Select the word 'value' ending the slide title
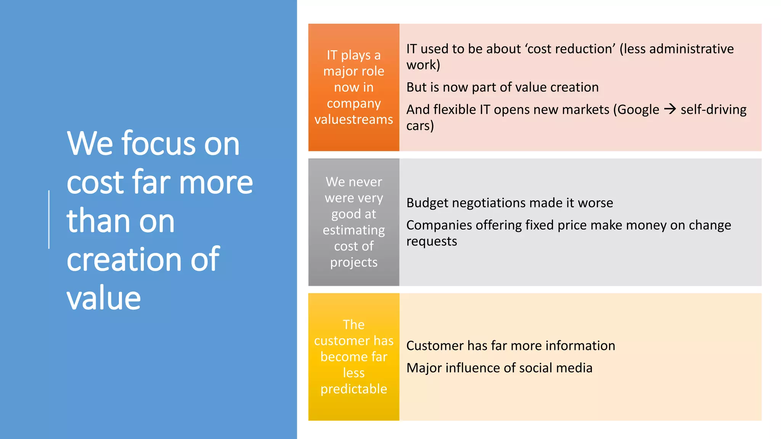(104, 298)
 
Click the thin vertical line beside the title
(49, 219)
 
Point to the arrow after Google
(670, 109)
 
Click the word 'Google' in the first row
(638, 110)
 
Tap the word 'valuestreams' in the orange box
(354, 119)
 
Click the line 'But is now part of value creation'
(502, 87)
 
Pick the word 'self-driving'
(713, 110)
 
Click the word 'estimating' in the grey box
(354, 230)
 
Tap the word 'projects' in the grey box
(354, 263)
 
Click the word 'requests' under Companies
(431, 241)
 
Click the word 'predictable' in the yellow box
(354, 389)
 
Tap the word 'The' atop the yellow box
(354, 325)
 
